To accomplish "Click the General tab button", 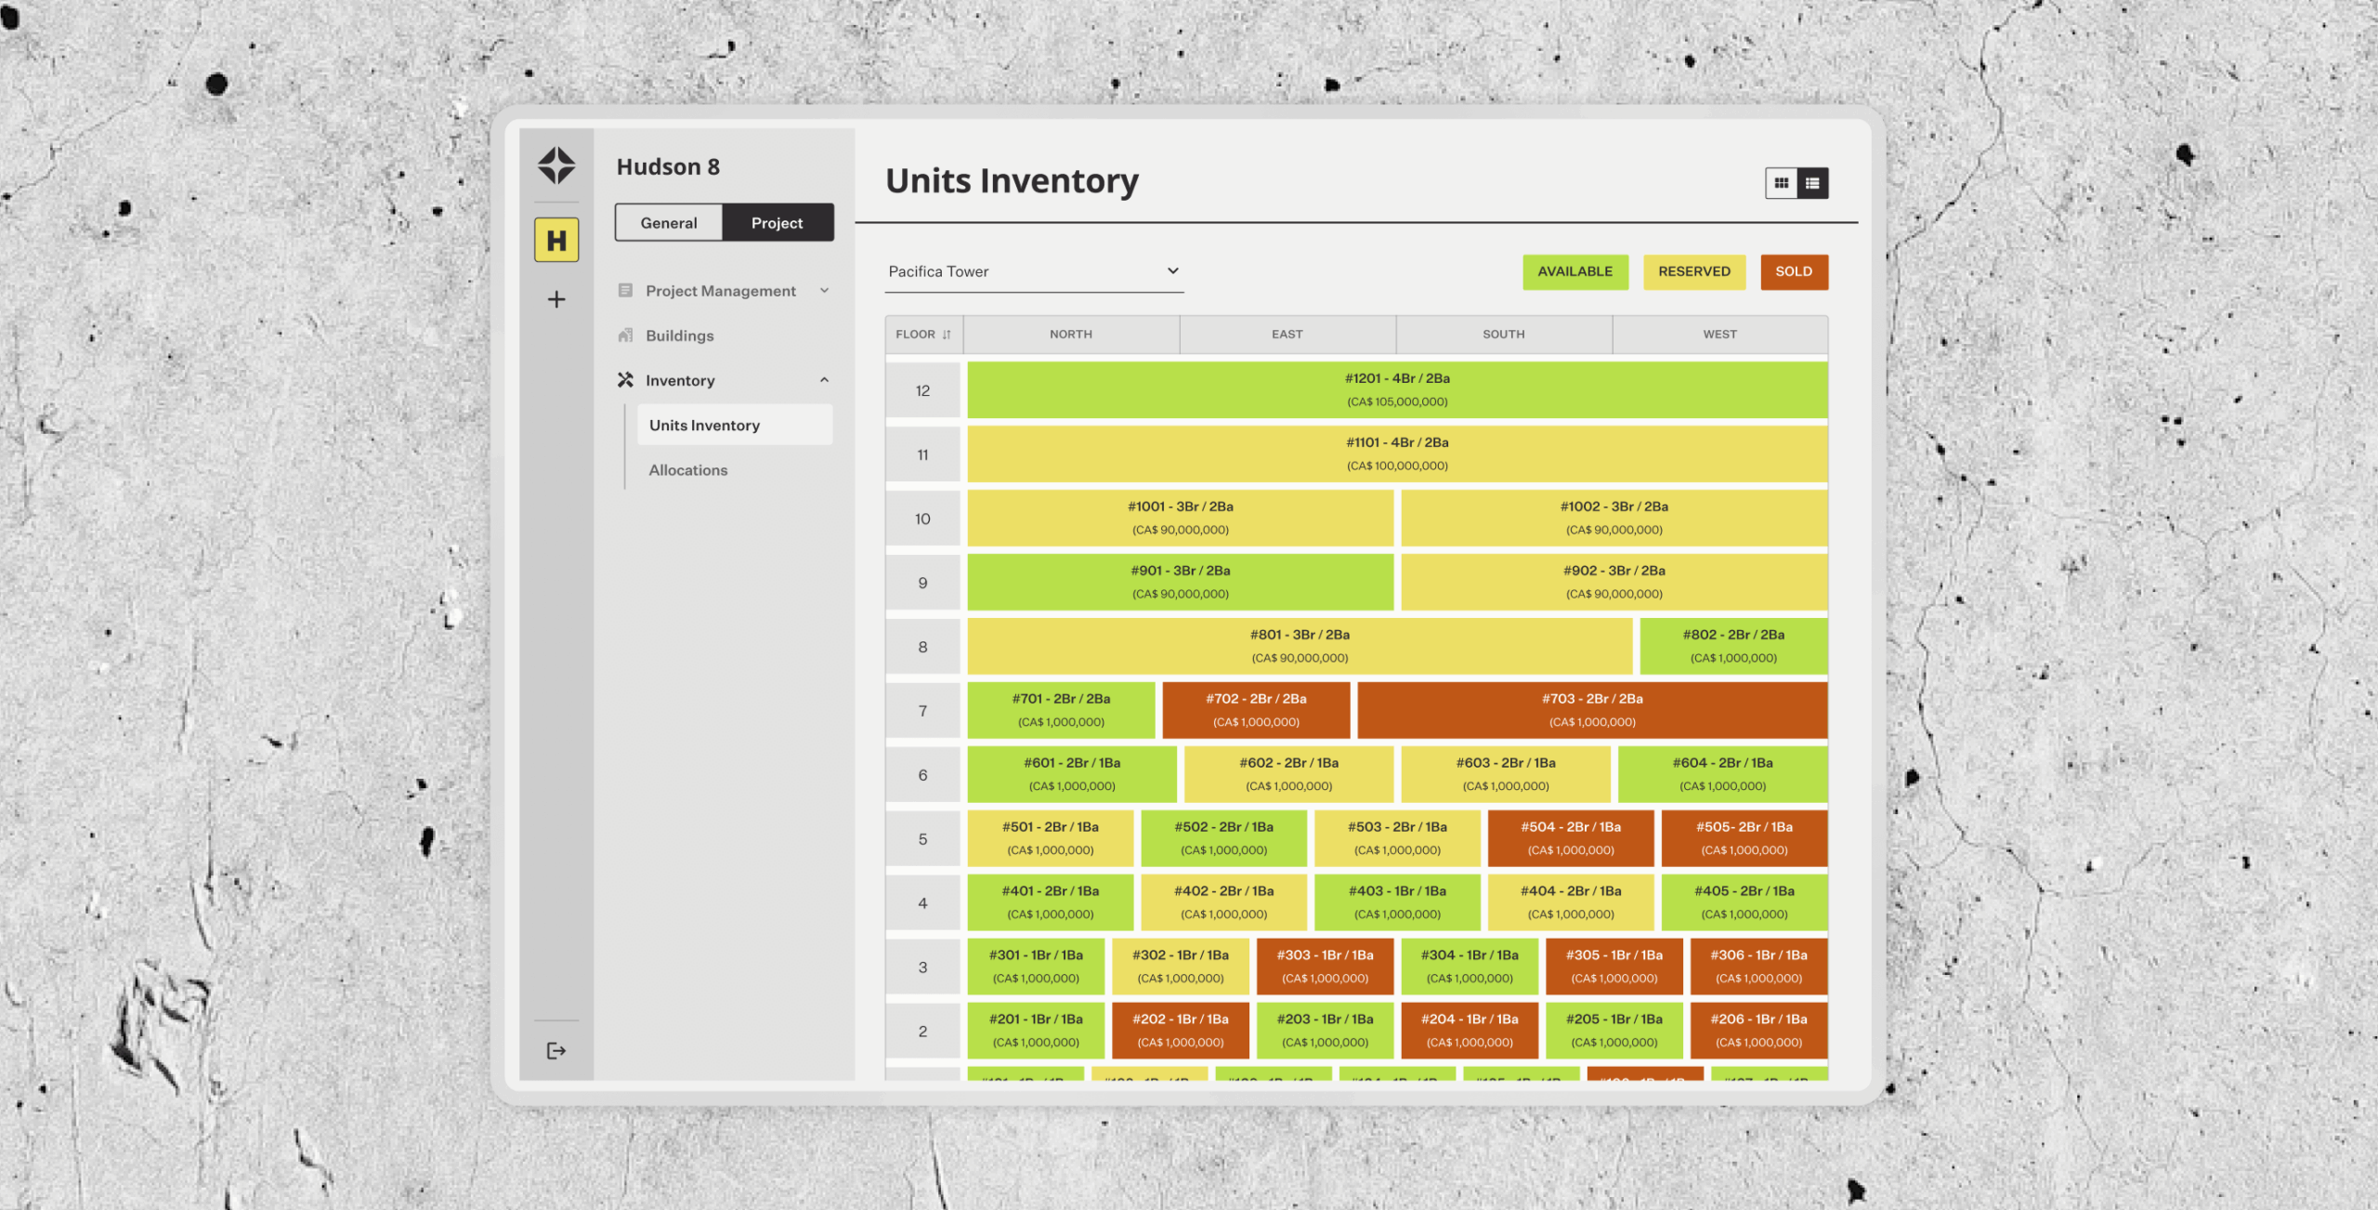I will [668, 223].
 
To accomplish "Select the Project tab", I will [777, 223].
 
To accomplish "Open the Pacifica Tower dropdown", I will [1033, 271].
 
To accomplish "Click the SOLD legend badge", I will [1793, 271].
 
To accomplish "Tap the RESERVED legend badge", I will [1693, 271].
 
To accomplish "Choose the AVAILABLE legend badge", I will [1574, 271].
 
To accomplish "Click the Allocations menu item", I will [688, 470].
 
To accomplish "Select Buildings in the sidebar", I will [679, 335].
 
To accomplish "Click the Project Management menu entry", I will [720, 291].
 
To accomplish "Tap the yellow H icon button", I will [556, 241].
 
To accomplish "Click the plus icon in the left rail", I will [556, 299].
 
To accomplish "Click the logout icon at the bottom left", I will [556, 1051].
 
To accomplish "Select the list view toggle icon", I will [1812, 183].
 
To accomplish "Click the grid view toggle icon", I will [1781, 183].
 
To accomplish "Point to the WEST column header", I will [1719, 335].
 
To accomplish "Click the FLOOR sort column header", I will [922, 335].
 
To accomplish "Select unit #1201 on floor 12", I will [1396, 390].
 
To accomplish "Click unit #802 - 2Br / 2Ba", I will [1732, 646].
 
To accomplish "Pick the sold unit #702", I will [1256, 710].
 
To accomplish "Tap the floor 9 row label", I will [922, 583].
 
